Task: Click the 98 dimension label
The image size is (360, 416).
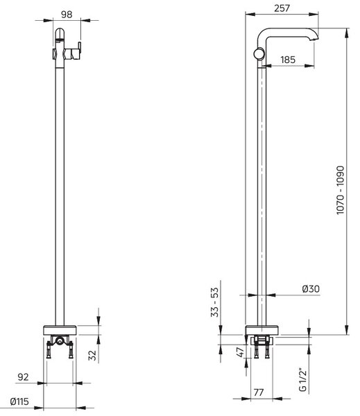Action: tap(67, 15)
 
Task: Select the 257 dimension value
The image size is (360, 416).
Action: tap(282, 8)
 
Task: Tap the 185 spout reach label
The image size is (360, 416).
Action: tap(288, 60)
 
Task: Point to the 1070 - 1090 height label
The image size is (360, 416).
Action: tap(340, 190)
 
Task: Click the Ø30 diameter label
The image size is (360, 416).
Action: tap(311, 288)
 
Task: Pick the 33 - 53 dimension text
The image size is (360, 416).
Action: tap(214, 302)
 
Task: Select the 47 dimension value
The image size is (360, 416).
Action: tap(240, 352)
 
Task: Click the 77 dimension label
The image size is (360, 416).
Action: tap(259, 392)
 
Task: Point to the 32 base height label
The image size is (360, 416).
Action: tap(92, 355)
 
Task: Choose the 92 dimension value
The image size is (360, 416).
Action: tap(23, 377)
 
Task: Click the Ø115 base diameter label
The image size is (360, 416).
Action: tap(19, 401)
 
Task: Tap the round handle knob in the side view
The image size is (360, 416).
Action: tap(259, 53)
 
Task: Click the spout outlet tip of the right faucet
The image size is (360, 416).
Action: tap(315, 39)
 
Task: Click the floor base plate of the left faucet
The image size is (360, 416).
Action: tap(60, 330)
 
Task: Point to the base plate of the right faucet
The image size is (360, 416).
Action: tap(262, 330)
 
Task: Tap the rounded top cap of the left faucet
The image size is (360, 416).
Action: tap(60, 33)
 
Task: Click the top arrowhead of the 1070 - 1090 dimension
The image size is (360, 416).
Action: tap(346, 33)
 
